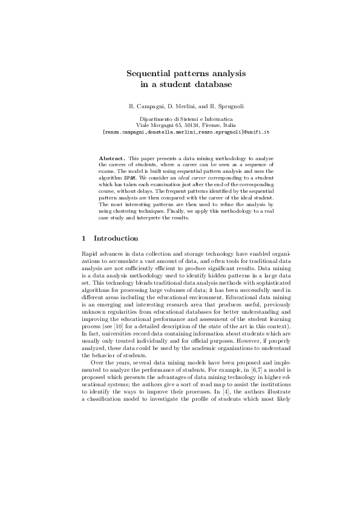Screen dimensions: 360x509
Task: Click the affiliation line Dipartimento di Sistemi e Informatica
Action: (x=180, y=120)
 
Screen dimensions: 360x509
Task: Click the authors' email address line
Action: (x=180, y=131)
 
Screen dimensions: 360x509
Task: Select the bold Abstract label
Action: (x=112, y=158)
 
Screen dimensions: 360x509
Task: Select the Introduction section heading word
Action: (x=116, y=238)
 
